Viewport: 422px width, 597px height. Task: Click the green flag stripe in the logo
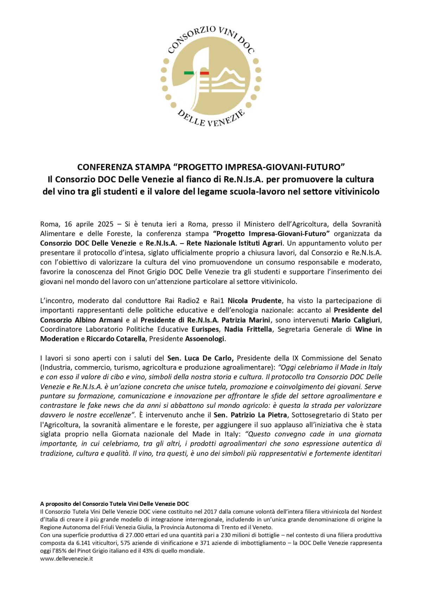[x=189, y=73]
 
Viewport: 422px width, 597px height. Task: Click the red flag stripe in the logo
[x=204, y=73]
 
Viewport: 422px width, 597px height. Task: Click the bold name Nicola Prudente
[x=255, y=301]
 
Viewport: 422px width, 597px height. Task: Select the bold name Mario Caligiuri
[x=356, y=320]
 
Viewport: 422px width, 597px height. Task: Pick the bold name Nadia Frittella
[x=248, y=329]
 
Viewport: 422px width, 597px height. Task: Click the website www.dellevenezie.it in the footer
[x=66, y=558]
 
